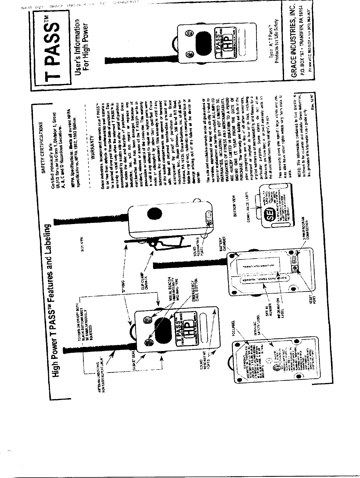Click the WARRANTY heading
pyautogui.click(x=92, y=148)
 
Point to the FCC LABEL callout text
pyautogui.click(x=234, y=325)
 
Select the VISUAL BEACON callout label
pyautogui.click(x=173, y=289)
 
